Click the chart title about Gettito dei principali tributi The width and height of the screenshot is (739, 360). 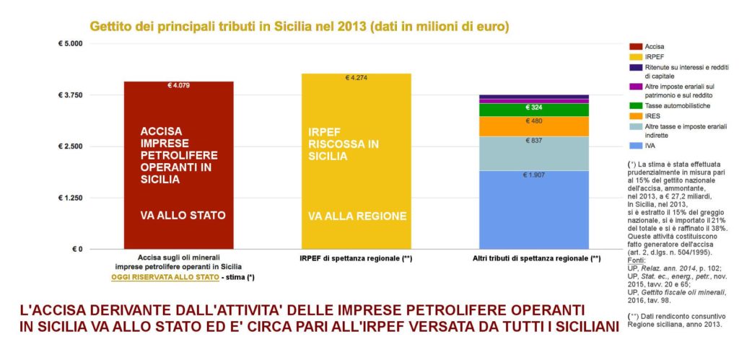coord(299,27)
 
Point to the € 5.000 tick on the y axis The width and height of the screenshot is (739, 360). coord(70,43)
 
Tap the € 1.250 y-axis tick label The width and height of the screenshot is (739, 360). coord(70,198)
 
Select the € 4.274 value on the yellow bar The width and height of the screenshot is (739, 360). coord(357,78)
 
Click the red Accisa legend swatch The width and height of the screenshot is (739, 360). coord(635,46)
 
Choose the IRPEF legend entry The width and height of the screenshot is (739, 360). coord(655,56)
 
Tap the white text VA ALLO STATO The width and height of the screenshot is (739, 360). coord(183,216)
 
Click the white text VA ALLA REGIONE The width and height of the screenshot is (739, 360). coord(357,216)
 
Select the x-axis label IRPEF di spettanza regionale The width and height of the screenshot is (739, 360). coord(356,258)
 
